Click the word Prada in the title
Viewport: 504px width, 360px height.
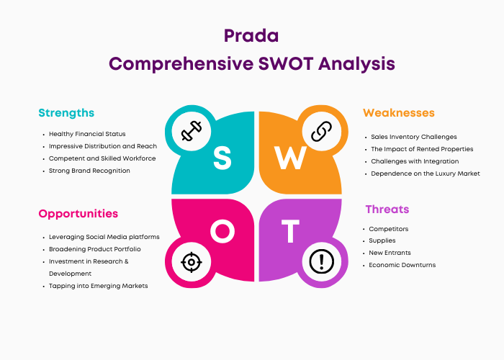pos(251,36)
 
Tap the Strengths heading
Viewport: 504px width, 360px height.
pos(66,113)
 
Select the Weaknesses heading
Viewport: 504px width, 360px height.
pos(399,113)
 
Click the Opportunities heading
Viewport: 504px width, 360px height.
pos(78,214)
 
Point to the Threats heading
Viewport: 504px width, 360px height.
pos(387,210)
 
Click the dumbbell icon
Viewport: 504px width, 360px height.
pos(192,131)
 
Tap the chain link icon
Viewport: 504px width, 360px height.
pos(321,131)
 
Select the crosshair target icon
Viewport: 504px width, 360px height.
pos(192,262)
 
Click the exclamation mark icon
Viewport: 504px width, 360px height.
pos(321,261)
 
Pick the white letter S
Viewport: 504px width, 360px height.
pos(222,158)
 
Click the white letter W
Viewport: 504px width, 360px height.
pos(290,158)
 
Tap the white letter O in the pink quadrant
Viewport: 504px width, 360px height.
pos(222,231)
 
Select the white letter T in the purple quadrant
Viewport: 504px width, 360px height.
pos(290,231)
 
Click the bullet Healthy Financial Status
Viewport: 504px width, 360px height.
pos(87,134)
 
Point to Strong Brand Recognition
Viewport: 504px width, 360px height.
pos(89,171)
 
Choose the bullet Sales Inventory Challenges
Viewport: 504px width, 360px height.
pos(414,137)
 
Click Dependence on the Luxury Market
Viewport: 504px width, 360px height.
pos(426,174)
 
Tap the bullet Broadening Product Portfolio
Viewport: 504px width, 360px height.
pos(95,249)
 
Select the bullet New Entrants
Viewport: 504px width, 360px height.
pos(390,253)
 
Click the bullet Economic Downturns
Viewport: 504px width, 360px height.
pos(402,265)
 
